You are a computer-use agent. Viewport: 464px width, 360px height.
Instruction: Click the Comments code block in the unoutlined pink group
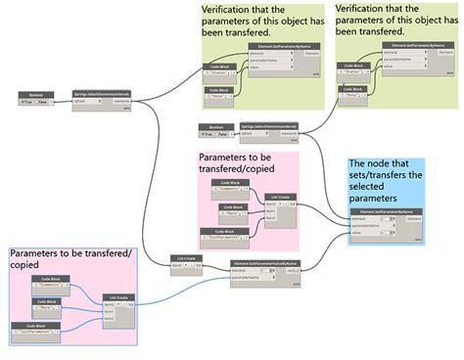[x=231, y=187]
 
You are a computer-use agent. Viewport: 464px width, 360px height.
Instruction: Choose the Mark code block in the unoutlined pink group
[x=232, y=209]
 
